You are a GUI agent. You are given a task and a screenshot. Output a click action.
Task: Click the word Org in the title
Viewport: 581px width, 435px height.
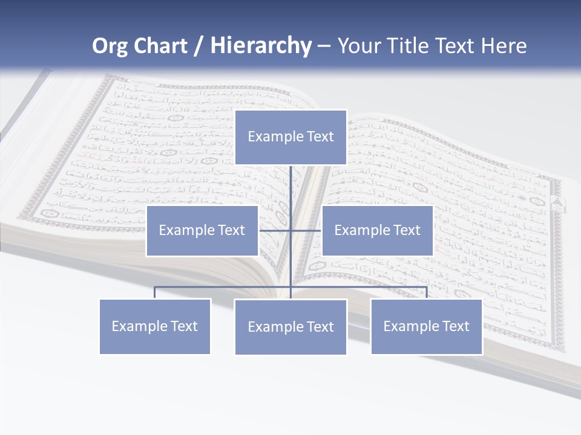(110, 46)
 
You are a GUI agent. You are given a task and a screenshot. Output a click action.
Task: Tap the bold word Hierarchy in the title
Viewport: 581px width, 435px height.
(261, 46)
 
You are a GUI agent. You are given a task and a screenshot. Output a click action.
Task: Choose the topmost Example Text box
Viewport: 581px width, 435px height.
(290, 137)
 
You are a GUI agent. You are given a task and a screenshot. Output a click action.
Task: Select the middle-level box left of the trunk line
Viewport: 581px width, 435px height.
(202, 230)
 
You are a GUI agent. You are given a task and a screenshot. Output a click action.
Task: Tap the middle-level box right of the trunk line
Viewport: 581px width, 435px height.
(377, 230)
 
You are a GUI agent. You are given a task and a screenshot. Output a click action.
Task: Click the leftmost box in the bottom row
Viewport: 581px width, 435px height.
(155, 326)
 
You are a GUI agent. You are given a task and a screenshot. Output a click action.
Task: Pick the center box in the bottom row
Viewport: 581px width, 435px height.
(290, 327)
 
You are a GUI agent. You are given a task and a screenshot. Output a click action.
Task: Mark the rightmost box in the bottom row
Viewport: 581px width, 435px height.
(427, 326)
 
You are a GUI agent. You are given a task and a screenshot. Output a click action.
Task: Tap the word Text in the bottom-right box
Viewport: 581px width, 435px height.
(455, 326)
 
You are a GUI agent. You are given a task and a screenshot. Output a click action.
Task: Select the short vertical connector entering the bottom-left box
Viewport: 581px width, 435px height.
(155, 292)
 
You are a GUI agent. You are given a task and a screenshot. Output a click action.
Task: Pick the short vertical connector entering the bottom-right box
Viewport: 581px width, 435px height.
(427, 292)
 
